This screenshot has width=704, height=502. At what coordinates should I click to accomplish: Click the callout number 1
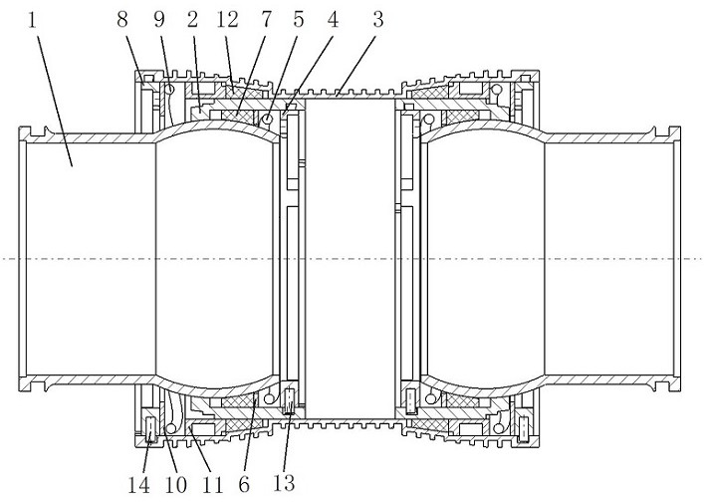32,20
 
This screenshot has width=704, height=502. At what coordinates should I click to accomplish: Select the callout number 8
121,20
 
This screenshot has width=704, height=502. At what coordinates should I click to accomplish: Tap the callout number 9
159,20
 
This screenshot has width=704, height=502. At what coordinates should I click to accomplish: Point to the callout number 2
192,20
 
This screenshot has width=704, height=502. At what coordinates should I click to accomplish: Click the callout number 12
227,20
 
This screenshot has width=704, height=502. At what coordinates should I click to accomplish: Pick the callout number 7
266,20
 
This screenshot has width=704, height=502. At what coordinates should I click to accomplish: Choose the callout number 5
298,20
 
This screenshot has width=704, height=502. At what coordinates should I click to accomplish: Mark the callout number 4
333,20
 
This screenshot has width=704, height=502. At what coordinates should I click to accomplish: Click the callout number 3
378,20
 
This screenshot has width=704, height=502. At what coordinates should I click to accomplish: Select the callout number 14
138,485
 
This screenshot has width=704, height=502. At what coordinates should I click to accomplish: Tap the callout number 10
175,485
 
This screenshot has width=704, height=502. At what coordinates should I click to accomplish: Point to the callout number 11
212,485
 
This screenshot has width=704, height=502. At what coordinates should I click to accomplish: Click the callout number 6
244,485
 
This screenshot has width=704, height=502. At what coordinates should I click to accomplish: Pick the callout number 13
284,483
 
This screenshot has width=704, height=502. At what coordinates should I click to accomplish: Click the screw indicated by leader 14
151,429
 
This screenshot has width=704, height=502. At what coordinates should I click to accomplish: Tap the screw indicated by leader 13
290,401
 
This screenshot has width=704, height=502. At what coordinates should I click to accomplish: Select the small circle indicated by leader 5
267,120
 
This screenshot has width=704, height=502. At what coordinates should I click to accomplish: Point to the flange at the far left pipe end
23,259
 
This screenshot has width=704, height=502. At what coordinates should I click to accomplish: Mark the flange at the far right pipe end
676,259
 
